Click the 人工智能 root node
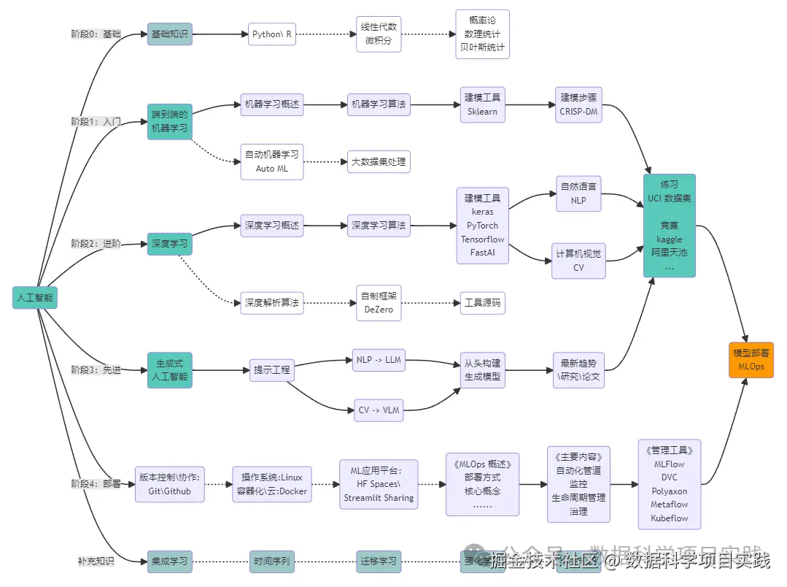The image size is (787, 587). tap(35, 297)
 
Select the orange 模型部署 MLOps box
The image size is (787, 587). tap(751, 359)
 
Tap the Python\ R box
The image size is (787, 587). tap(272, 34)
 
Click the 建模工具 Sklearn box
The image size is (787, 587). tap(482, 104)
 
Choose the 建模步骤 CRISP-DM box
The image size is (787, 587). tap(578, 104)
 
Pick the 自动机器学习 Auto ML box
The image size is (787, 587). tap(271, 161)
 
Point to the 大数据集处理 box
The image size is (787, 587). tap(379, 161)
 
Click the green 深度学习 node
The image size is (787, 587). tap(169, 244)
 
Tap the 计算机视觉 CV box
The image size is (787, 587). tap(578, 261)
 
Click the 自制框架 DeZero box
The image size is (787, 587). tap(379, 302)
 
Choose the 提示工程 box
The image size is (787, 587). tap(271, 370)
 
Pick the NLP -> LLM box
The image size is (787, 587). tap(379, 360)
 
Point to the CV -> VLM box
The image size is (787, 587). tap(379, 410)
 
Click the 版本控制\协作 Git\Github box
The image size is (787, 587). tap(169, 484)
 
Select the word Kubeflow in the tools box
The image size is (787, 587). tap(669, 518)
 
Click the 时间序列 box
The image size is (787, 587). tap(271, 561)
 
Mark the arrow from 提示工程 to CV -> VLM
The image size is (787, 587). tap(314, 395)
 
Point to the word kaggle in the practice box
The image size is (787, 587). tap(669, 239)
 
